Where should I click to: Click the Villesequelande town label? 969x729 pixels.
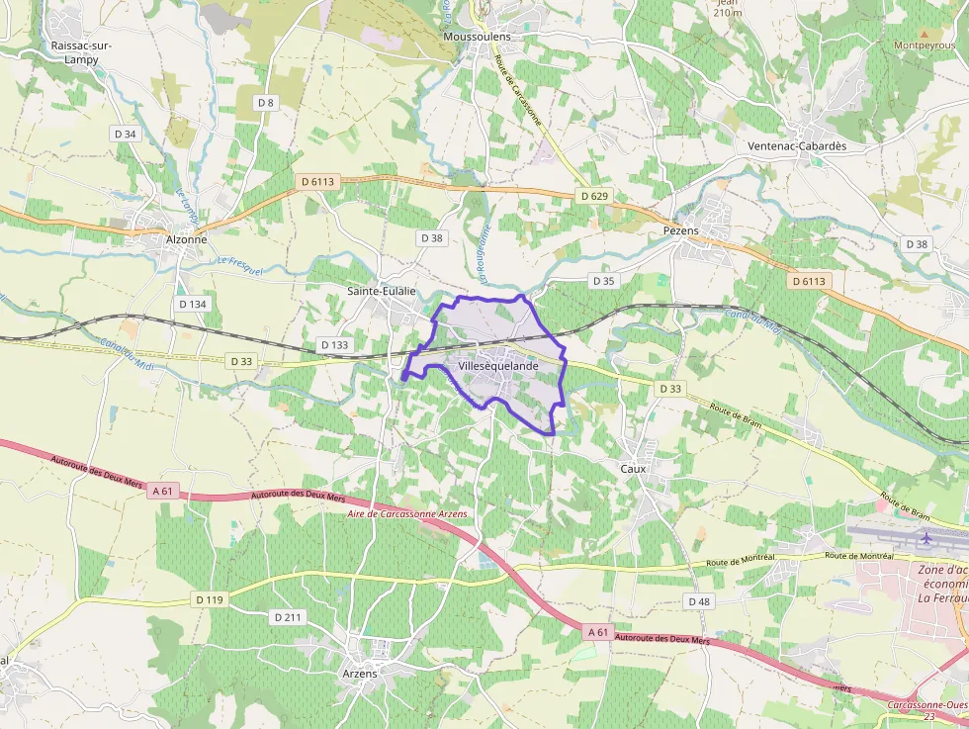point(498,366)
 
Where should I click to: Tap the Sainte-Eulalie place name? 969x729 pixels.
point(381,291)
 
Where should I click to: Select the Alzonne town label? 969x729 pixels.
point(187,239)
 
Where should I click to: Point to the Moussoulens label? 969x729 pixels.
point(478,37)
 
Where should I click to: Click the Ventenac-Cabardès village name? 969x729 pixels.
point(797,145)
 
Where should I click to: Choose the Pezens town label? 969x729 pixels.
point(680,230)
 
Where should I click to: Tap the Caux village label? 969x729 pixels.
point(633,468)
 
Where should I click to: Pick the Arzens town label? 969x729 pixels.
point(358,674)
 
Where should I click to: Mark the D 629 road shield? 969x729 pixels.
point(594,196)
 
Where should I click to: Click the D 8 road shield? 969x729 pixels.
point(265,102)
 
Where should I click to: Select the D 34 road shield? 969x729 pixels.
point(126,134)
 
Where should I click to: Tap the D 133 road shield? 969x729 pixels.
point(334,345)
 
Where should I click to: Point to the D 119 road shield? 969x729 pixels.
point(210,599)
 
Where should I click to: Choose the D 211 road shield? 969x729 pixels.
point(288,617)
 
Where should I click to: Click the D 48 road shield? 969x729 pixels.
point(698,601)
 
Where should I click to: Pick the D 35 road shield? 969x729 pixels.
point(603,281)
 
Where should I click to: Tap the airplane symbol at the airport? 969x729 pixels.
point(926,539)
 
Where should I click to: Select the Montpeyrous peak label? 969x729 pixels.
point(925,46)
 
